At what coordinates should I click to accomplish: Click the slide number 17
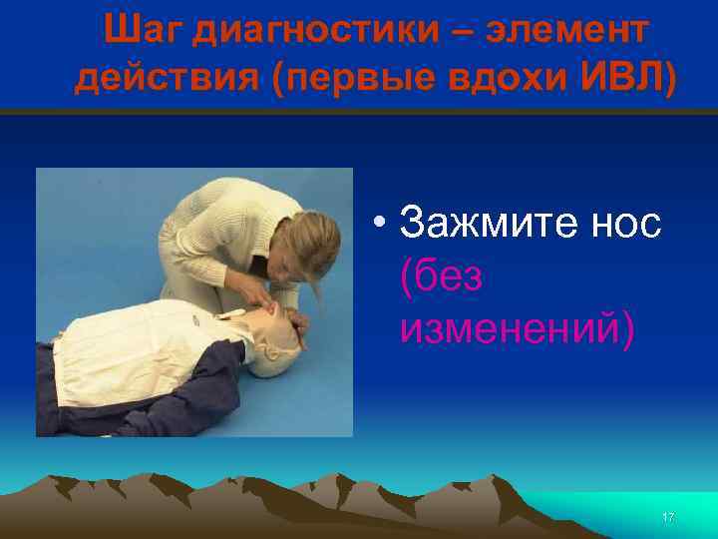point(668,517)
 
